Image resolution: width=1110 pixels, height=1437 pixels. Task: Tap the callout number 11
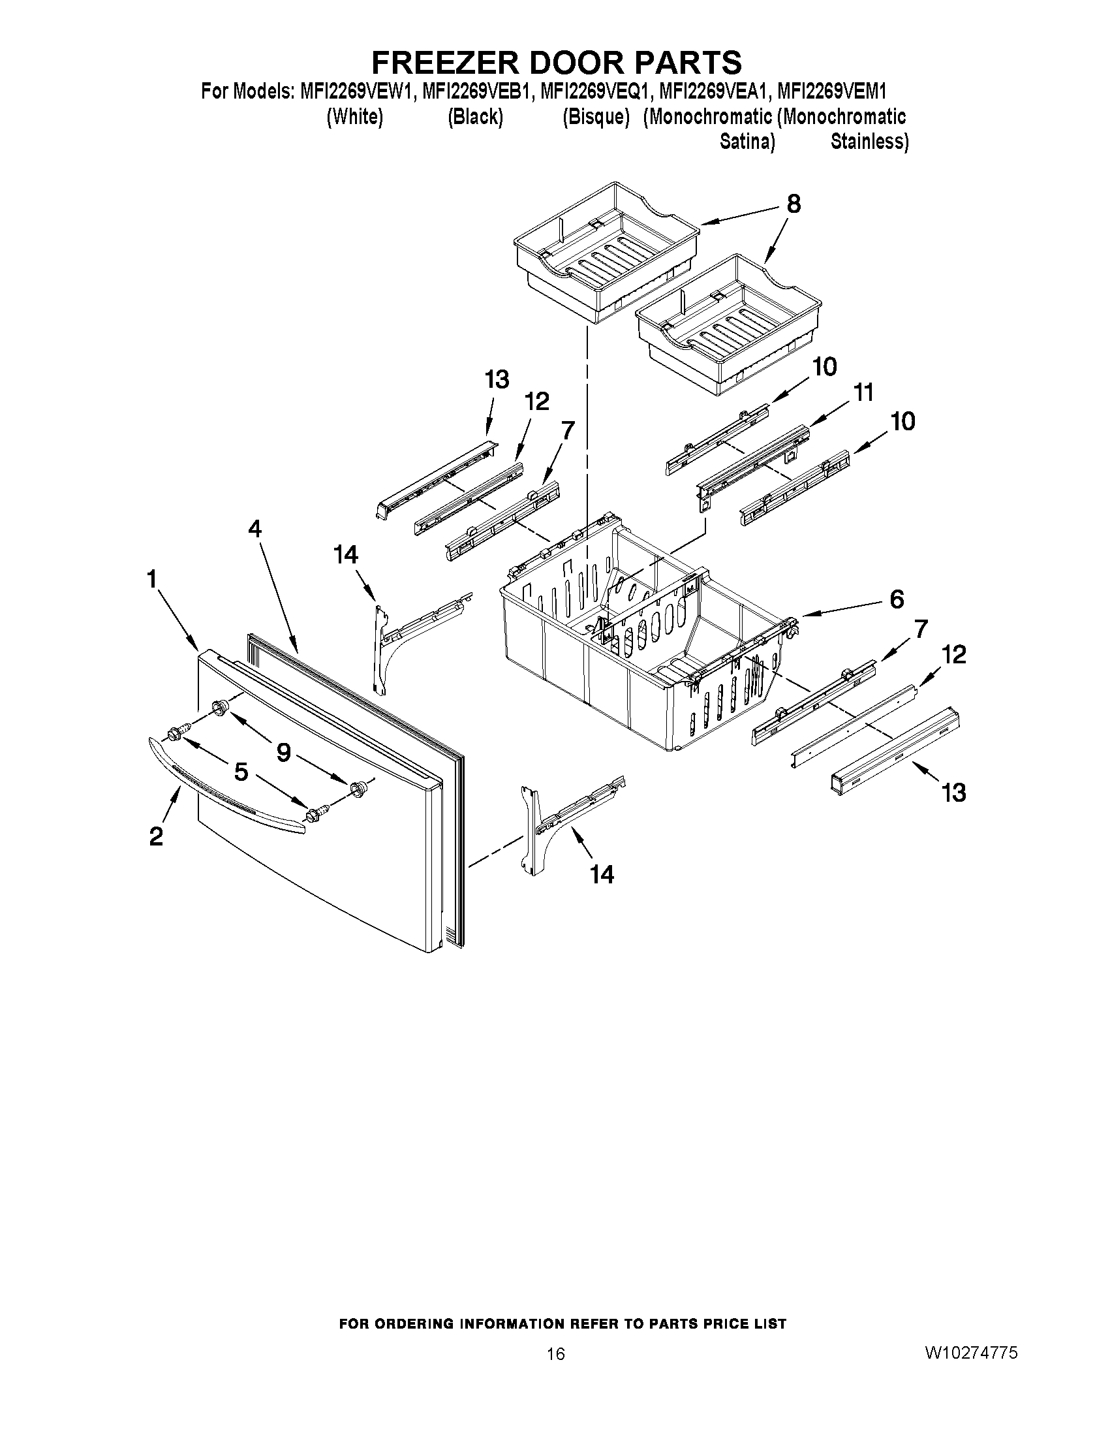[x=863, y=393]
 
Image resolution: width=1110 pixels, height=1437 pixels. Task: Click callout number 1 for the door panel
[x=152, y=579]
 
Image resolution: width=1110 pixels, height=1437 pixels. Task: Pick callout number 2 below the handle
[x=156, y=836]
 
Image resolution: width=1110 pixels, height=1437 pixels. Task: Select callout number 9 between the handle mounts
[x=283, y=752]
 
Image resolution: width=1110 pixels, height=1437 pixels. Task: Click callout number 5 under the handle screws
[x=241, y=772]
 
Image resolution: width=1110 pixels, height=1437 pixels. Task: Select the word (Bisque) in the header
[x=596, y=117]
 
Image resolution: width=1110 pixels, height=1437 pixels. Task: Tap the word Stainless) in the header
[x=869, y=142]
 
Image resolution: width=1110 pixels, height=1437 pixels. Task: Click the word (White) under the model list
[x=355, y=117]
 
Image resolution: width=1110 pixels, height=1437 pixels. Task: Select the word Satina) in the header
[x=747, y=142]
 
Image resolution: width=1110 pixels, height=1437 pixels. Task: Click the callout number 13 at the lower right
[x=953, y=793]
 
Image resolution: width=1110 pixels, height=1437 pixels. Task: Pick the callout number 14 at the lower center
[x=602, y=874]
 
